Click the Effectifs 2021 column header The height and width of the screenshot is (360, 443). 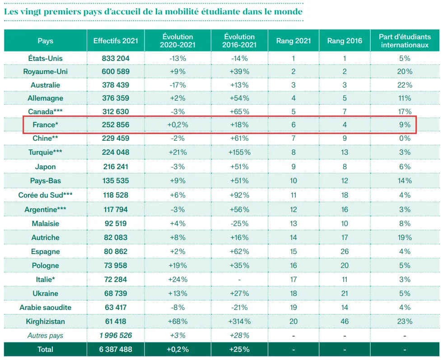[116, 41]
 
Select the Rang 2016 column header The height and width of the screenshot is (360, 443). [345, 41]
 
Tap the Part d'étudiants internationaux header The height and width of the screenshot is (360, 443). [405, 41]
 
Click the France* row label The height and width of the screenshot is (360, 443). [45, 125]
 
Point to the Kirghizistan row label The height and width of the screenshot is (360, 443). [45, 321]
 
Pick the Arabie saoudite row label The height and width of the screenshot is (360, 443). [45, 307]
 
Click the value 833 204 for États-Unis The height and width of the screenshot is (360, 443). [116, 58]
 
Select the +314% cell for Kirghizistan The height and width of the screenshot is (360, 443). [239, 321]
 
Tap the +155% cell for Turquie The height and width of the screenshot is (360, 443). [239, 152]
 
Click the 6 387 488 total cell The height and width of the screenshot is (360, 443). [116, 349]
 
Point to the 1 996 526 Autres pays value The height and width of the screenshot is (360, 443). [116, 335]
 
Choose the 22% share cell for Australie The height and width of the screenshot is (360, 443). [405, 85]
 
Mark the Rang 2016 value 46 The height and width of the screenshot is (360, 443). [345, 321]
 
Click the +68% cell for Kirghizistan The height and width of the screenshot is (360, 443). [177, 321]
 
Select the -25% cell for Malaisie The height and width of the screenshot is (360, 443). [239, 223]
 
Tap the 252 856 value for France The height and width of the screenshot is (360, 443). [116, 125]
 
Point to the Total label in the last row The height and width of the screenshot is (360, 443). [45, 349]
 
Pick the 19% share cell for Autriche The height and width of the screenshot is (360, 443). [405, 237]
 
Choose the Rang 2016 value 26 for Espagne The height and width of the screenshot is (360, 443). [345, 251]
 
